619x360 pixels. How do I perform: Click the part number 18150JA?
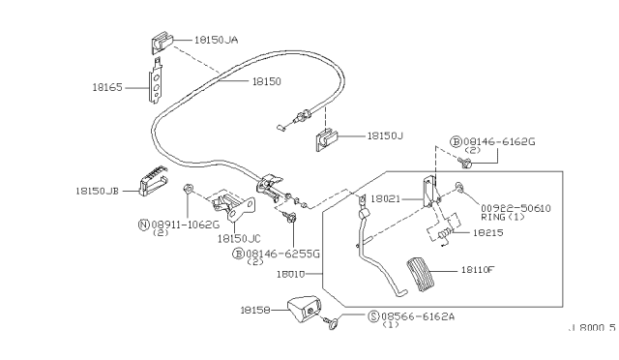click(x=216, y=40)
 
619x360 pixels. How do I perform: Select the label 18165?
click(x=107, y=87)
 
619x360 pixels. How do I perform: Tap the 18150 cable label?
click(x=267, y=81)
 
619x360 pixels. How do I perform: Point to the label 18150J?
click(x=385, y=135)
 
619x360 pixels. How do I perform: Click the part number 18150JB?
click(x=97, y=192)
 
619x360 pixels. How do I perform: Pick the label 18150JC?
click(x=239, y=239)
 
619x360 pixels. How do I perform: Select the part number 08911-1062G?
click(x=185, y=225)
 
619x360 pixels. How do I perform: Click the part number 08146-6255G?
click(x=282, y=254)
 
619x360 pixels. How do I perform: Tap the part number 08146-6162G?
click(x=499, y=141)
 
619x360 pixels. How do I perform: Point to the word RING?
click(x=493, y=217)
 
